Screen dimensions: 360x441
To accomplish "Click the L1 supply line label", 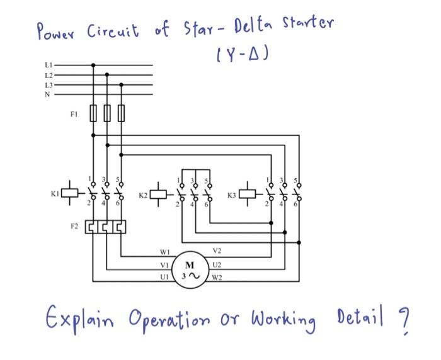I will tap(49, 65).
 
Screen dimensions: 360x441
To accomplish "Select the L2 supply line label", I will tap(49, 74).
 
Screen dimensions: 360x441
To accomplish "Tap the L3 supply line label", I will tap(49, 84).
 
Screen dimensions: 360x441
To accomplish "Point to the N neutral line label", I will tap(48, 94).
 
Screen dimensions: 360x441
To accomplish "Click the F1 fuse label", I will tap(74, 115).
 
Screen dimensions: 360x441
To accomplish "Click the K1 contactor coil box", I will tap(72, 191).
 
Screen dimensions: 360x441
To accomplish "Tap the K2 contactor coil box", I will tap(160, 191).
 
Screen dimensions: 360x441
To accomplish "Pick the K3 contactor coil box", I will tap(249, 191).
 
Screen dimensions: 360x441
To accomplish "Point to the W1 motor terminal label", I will tap(165, 253).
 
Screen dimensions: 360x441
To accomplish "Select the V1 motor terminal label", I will tap(164, 265).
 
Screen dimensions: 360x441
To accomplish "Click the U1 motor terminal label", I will tap(165, 277).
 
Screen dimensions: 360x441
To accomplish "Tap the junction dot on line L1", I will tap(93, 64).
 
